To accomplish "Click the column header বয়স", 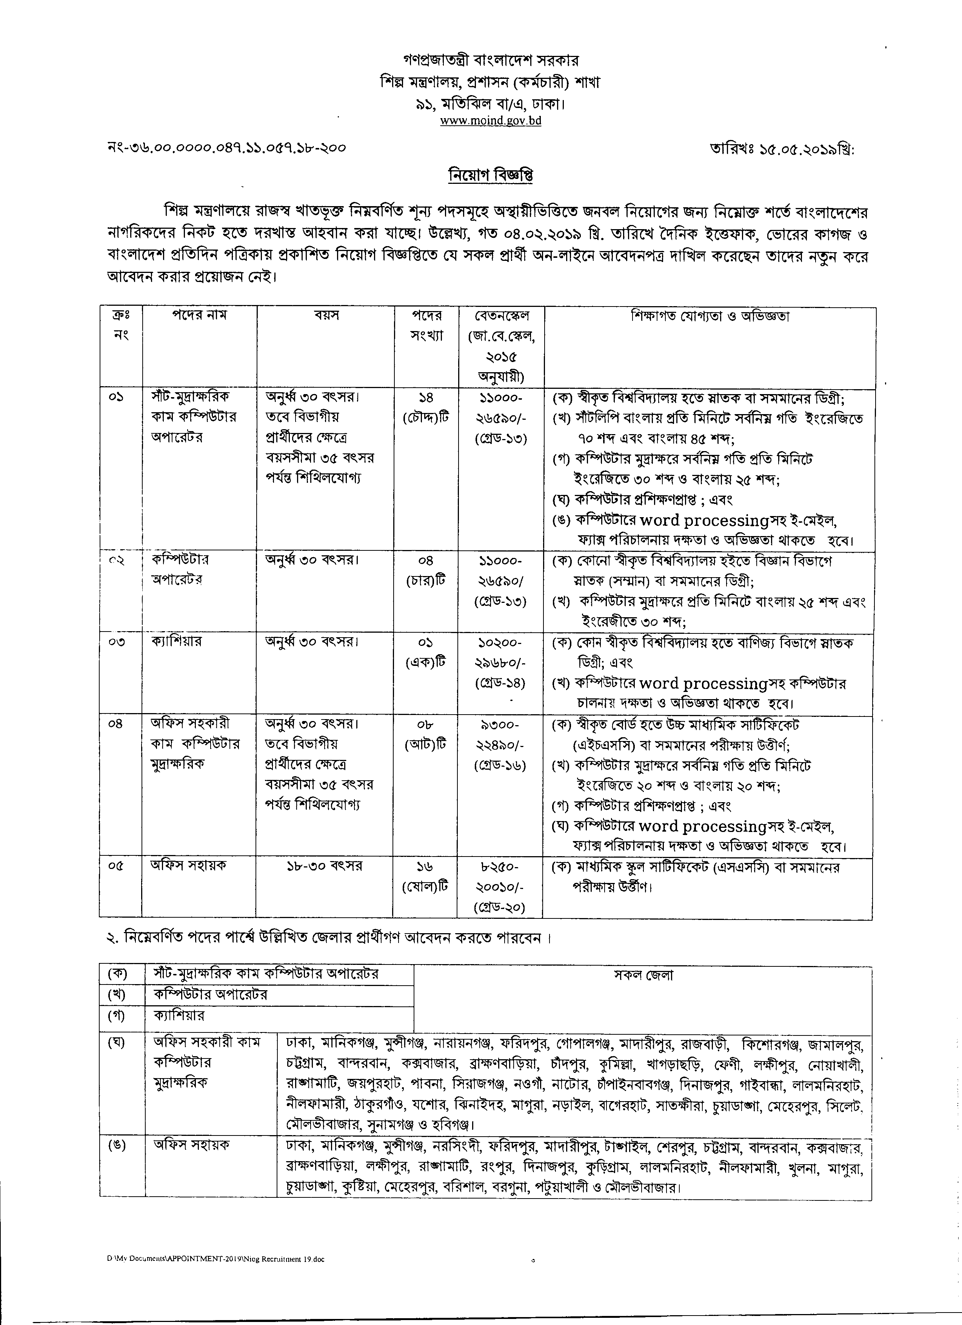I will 326,316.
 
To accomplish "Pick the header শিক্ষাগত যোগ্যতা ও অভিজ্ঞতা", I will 710,316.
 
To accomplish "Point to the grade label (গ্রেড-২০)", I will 500,907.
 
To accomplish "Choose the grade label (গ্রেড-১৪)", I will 500,683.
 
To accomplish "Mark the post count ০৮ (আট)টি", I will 426,735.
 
